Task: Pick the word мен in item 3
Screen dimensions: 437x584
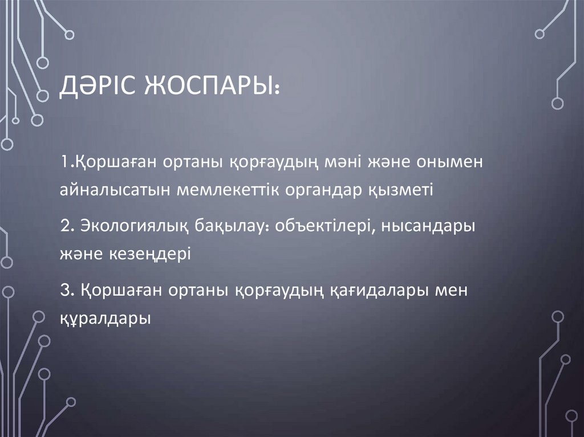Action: (451, 291)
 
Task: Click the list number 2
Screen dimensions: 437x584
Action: (64, 226)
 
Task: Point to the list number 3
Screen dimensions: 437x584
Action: (64, 290)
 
